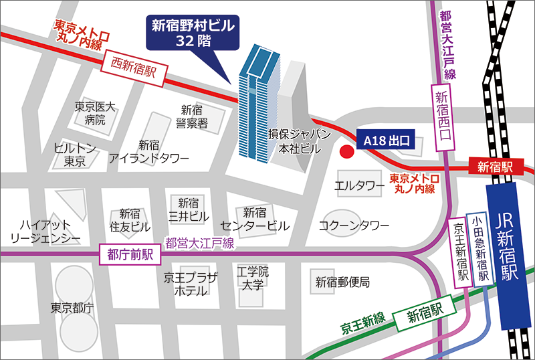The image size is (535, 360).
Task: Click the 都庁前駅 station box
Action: (130, 254)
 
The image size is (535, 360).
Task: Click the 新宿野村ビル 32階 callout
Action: (194, 33)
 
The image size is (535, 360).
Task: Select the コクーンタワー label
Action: (354, 225)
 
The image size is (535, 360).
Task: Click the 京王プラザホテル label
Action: (190, 284)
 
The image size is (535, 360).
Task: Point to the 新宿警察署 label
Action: (192, 116)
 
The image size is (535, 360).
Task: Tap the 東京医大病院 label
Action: (95, 113)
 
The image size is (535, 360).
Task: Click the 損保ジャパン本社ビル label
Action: (300, 142)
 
